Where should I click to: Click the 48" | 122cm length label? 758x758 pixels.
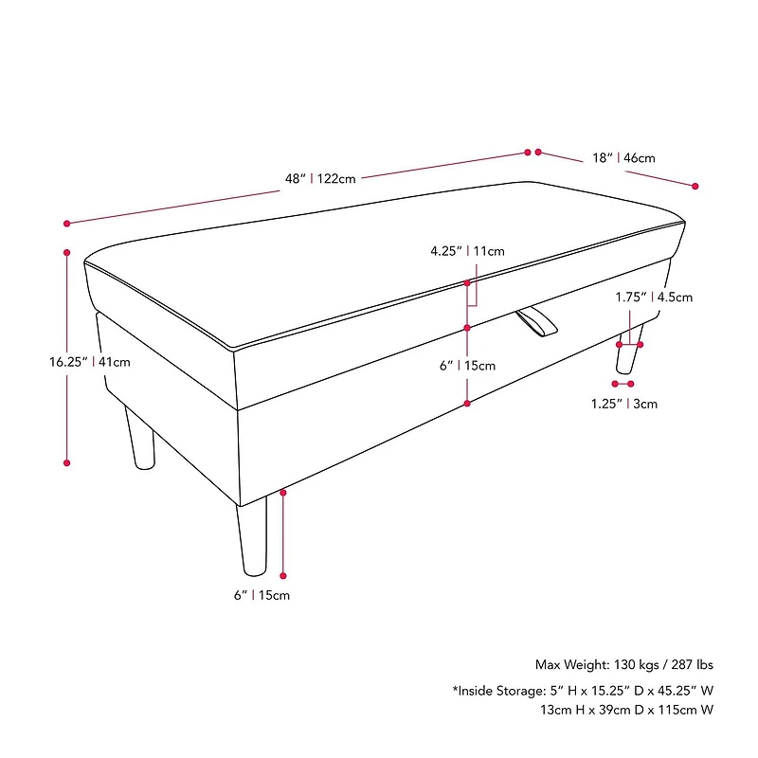[x=320, y=179]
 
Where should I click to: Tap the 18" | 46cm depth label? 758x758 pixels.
[x=623, y=158]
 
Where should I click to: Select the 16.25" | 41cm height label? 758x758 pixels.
[x=90, y=362]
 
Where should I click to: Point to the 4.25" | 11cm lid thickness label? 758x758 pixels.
[x=467, y=251]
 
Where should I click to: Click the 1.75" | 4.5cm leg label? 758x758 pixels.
[x=654, y=297]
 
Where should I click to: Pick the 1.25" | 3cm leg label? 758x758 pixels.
[x=624, y=404]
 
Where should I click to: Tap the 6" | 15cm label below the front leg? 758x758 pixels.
[x=262, y=595]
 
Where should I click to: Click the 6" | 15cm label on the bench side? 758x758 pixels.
[x=467, y=366]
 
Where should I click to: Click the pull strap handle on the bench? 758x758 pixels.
[x=536, y=321]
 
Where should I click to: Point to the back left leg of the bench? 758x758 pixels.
[x=140, y=438]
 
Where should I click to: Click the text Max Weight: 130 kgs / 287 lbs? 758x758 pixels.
[x=624, y=665]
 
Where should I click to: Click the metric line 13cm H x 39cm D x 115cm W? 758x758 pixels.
[x=627, y=710]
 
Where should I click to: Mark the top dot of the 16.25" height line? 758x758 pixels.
[x=66, y=252]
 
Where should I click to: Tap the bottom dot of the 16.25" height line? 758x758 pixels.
[x=66, y=462]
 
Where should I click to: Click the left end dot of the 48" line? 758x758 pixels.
[x=66, y=224]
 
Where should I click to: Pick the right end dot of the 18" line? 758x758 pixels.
[x=695, y=186]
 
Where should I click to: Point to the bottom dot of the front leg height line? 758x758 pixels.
[x=283, y=575]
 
